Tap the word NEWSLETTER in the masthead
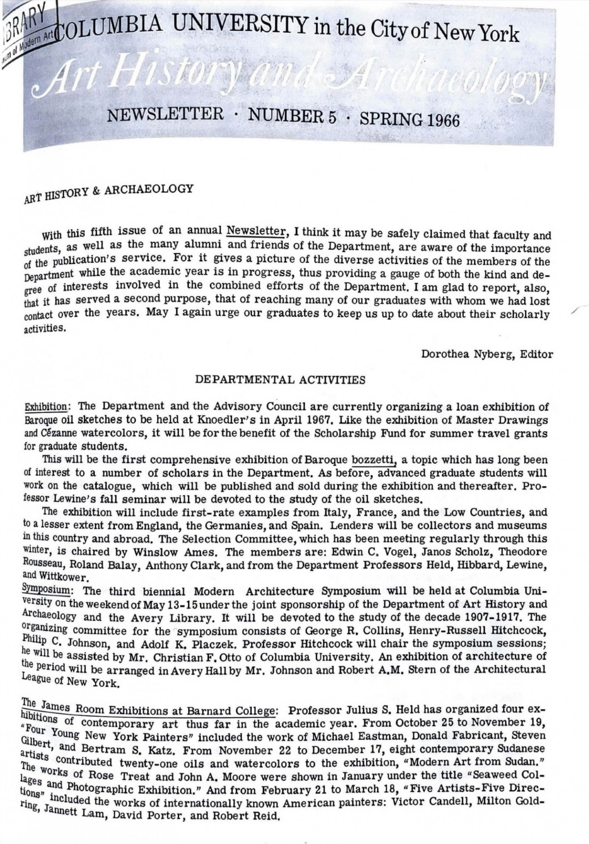pyautogui.click(x=166, y=115)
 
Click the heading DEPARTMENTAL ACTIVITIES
pyautogui.click(x=280, y=380)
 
